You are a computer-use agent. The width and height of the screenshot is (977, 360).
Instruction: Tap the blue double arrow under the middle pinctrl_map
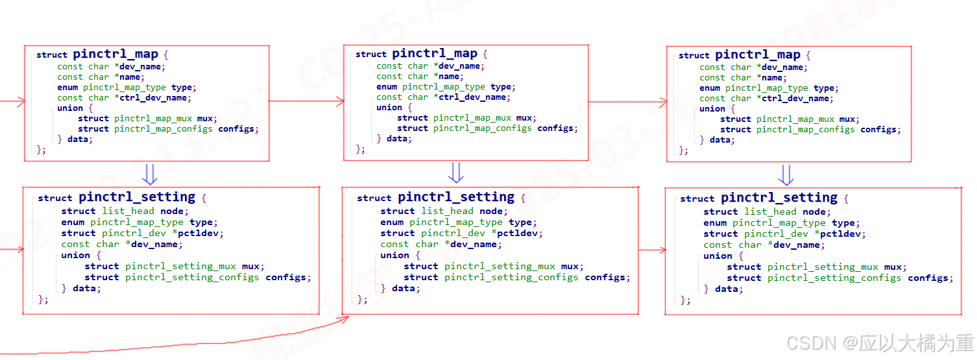click(x=456, y=173)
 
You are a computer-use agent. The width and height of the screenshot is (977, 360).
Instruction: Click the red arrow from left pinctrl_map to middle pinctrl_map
click(x=306, y=101)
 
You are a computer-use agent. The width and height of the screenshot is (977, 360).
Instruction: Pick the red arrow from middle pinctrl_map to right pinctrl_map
click(x=627, y=102)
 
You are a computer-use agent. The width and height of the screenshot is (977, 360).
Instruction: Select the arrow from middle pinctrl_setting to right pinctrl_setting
click(x=651, y=250)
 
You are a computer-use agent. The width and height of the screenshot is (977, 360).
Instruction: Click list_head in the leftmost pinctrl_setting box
click(x=128, y=211)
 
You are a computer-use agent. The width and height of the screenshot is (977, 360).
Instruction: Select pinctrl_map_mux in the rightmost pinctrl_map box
click(x=796, y=119)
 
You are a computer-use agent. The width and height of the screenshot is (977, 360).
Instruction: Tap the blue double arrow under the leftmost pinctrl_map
click(x=150, y=173)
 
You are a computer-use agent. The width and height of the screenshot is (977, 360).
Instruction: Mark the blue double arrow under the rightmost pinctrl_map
click(x=786, y=174)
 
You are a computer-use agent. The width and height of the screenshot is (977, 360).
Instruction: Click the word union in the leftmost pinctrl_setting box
click(x=76, y=255)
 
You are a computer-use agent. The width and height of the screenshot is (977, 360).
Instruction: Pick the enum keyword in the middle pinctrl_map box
click(x=387, y=86)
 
